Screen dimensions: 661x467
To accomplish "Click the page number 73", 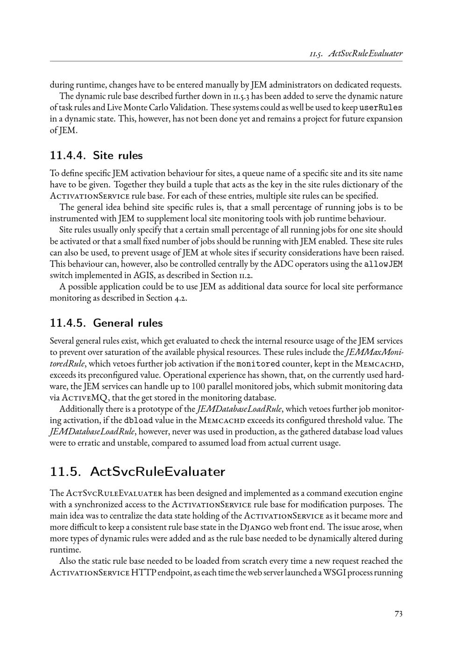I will pos(398,614).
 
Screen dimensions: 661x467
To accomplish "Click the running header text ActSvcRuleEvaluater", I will pos(366,53).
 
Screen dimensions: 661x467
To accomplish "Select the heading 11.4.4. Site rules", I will pos(96,155).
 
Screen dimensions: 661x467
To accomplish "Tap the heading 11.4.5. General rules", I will pos(106,323).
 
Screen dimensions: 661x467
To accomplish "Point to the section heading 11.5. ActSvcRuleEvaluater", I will pos(137,471).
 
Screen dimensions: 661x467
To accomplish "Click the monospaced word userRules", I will pos(381,108).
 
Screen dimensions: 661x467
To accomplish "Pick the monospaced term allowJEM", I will pos(383,264).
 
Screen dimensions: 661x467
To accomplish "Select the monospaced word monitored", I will pos(258,364).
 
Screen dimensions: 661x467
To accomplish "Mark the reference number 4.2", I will pos(180,298).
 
